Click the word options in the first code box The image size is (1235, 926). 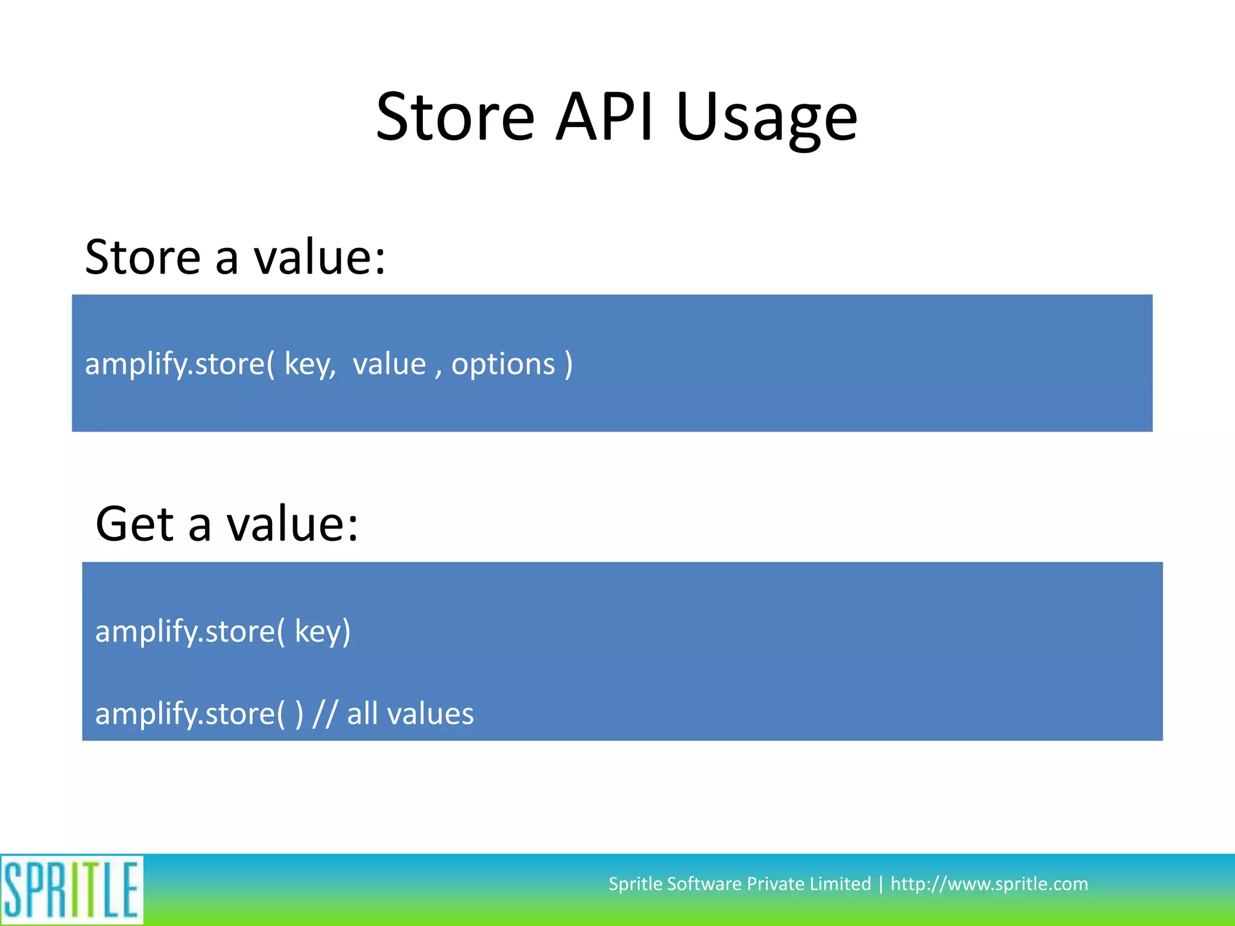click(503, 365)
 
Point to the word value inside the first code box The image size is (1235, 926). click(389, 365)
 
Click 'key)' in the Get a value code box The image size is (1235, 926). click(323, 632)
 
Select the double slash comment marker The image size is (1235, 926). click(325, 714)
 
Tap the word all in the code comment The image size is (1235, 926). click(362, 714)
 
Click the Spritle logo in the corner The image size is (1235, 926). click(71, 889)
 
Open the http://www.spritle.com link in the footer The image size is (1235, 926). click(989, 884)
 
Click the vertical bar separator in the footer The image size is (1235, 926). click(881, 884)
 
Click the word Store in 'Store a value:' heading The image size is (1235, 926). click(143, 257)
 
